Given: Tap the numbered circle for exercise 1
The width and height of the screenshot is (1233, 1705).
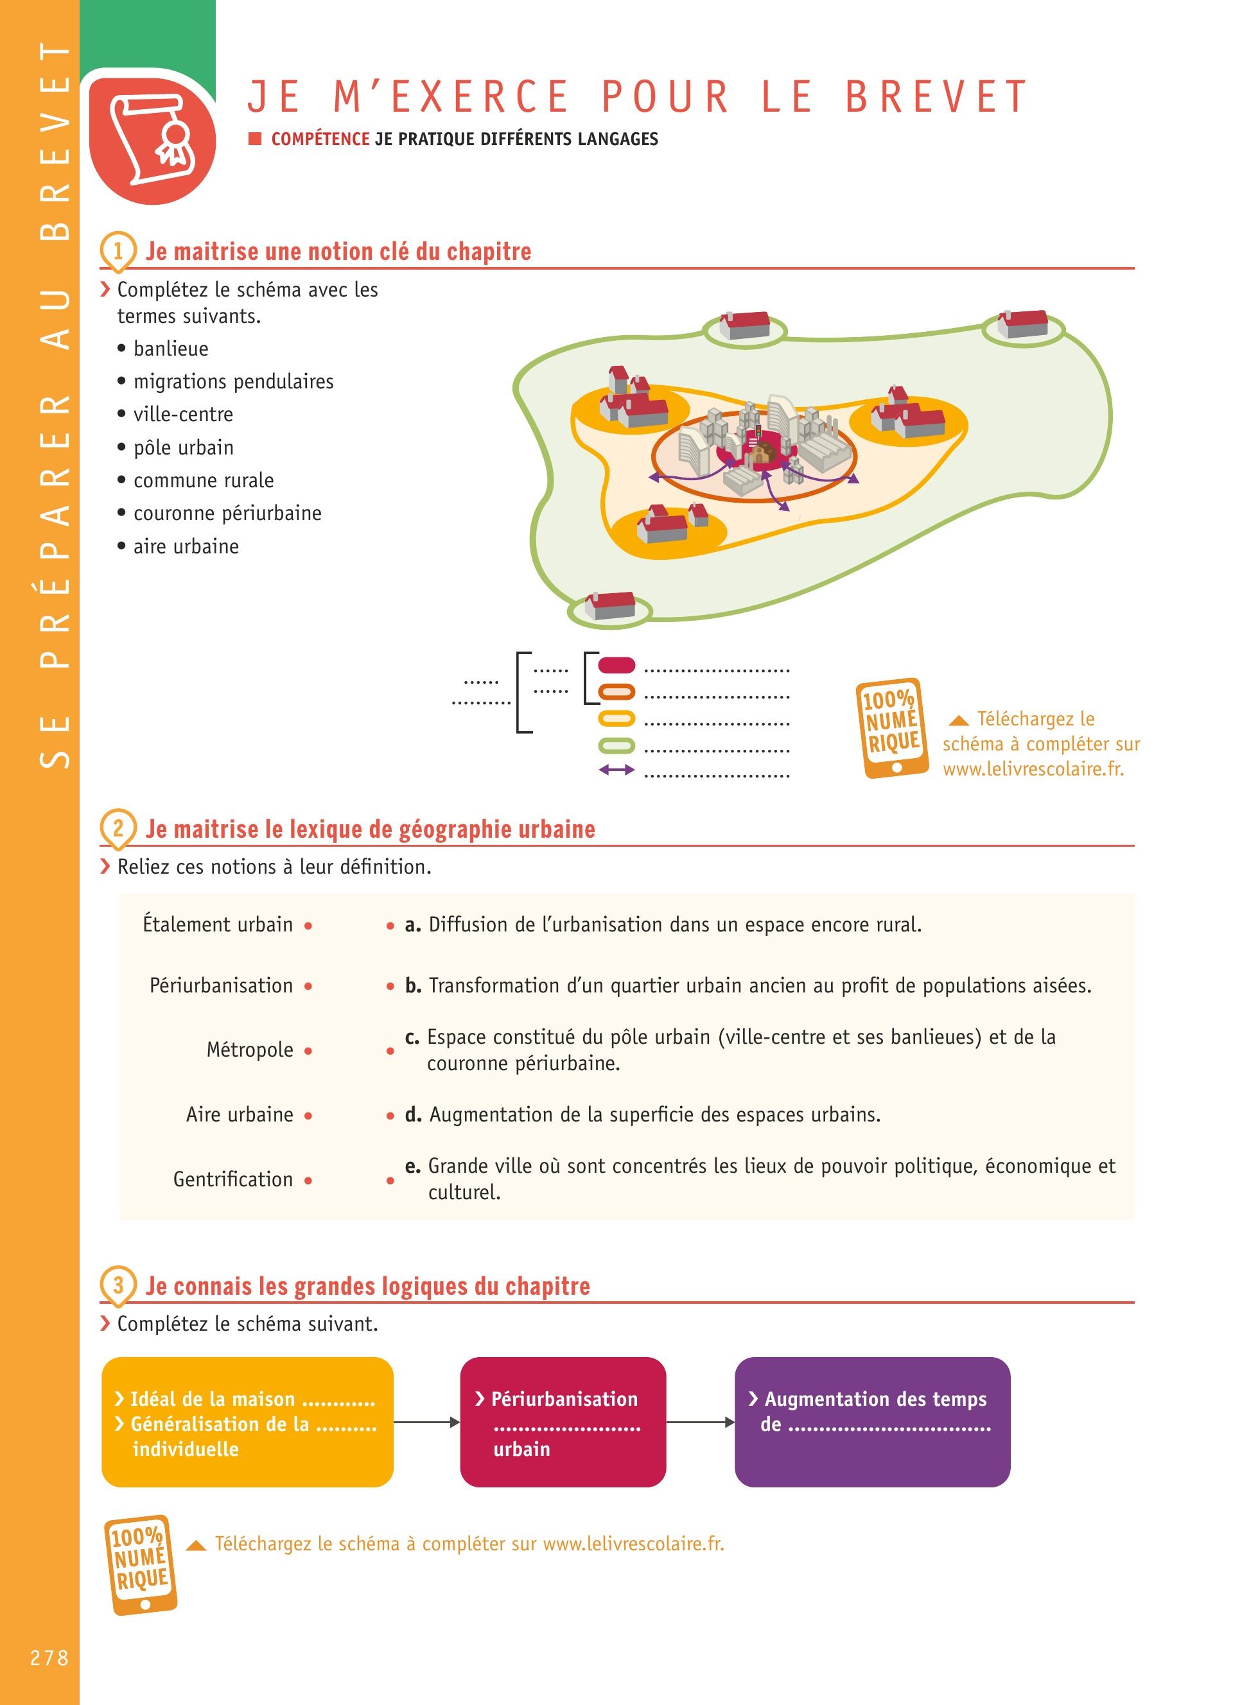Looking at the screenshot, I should [x=118, y=250].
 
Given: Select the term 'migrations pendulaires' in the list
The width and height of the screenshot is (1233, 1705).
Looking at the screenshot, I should [x=233, y=382].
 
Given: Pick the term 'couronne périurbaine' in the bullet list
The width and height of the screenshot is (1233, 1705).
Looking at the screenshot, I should [x=227, y=514].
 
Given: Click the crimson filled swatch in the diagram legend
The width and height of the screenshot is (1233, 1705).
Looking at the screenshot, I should [x=616, y=665].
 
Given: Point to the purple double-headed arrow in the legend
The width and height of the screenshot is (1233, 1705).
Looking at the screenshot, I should [x=616, y=770].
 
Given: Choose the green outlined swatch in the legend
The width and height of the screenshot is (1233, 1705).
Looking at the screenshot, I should [x=616, y=746].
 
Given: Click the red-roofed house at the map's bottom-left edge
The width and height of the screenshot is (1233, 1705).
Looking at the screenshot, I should [x=609, y=606].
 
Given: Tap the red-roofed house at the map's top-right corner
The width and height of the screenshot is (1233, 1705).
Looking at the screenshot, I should [x=1023, y=324].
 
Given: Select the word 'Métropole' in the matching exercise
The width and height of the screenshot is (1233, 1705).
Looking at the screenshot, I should [x=250, y=1050].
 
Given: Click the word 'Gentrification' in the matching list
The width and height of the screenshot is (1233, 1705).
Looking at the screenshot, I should [x=233, y=1179].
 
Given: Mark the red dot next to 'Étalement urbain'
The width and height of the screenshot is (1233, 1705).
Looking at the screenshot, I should [x=308, y=926].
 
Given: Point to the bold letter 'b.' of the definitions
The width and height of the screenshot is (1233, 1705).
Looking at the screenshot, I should [x=413, y=985].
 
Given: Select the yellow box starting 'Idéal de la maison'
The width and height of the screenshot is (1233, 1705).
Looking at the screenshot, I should [x=247, y=1422].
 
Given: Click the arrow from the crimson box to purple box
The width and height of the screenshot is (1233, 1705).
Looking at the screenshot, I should [x=700, y=1422].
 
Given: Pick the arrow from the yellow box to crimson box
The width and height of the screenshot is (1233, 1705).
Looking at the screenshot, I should [x=426, y=1422].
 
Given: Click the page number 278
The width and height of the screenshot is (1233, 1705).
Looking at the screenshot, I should [x=49, y=1657].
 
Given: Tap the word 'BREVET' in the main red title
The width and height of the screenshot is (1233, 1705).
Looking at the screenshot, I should [x=936, y=97].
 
